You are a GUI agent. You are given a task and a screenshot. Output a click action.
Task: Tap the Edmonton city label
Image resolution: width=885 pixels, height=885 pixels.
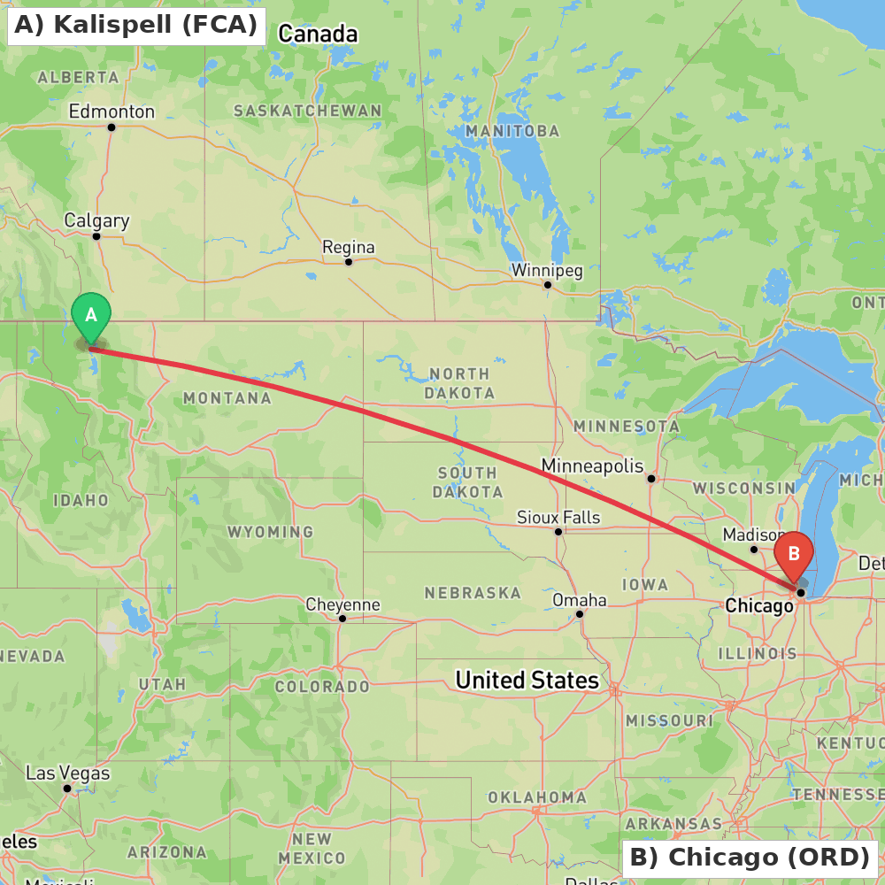point(112,112)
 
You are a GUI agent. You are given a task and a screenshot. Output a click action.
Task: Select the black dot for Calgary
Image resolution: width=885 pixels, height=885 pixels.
point(96,235)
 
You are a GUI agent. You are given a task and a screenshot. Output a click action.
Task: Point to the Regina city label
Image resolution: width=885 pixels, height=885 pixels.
point(348,247)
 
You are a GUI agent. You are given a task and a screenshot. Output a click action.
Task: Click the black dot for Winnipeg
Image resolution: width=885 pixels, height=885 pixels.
point(548,284)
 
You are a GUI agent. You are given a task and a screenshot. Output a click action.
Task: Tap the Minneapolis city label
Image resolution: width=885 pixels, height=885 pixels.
point(592,466)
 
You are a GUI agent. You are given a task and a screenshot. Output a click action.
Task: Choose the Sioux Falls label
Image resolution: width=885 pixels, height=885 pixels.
point(558,517)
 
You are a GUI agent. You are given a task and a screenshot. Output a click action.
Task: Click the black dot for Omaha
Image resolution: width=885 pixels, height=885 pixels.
point(580,613)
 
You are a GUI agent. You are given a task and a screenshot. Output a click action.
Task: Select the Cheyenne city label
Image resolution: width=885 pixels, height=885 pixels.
point(342,604)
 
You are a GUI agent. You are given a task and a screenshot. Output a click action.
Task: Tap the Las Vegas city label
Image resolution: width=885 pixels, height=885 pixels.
point(68,773)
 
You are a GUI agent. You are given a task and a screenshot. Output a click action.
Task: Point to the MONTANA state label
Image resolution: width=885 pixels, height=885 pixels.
point(227,398)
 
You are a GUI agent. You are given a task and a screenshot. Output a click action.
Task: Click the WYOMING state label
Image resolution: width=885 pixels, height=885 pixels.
point(270,532)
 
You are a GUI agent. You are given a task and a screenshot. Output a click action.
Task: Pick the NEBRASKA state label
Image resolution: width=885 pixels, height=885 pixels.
point(473,592)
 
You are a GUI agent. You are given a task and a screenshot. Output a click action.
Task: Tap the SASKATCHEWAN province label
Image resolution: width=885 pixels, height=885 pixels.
point(308,111)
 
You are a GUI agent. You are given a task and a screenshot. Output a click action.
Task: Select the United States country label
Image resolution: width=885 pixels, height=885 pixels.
point(527,680)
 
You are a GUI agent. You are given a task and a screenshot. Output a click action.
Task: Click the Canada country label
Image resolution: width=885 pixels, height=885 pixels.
point(318,35)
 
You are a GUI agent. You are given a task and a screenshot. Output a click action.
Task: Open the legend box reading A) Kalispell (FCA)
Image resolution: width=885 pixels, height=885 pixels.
point(136,25)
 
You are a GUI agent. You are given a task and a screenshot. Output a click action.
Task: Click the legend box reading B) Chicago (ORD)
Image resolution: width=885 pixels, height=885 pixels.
point(750,858)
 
